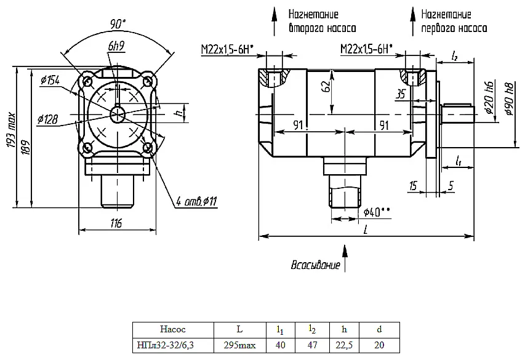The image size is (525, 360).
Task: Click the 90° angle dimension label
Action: coord(118,24)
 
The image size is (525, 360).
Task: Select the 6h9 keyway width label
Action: coord(116,46)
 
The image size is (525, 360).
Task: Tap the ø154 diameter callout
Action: coord(50,81)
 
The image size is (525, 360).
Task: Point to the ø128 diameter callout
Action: coord(47,119)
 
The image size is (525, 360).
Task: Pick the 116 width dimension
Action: coord(116,223)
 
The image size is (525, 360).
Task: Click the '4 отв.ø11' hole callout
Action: coord(197,201)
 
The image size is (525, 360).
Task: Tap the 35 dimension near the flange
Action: coord(401,94)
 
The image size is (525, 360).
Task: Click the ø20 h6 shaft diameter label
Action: coord(489,97)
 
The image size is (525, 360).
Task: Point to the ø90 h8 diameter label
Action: coord(509,98)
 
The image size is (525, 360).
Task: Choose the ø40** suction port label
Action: coord(377,212)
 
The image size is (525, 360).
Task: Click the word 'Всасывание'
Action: coord(315,265)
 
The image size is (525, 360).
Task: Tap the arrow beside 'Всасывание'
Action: coord(345,258)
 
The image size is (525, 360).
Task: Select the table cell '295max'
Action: coord(240,345)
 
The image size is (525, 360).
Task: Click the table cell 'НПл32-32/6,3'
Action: coord(166,345)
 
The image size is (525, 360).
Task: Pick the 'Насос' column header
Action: coord(173,329)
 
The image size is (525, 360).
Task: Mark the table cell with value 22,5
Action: coord(344,345)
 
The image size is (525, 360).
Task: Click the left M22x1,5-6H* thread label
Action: coord(227,50)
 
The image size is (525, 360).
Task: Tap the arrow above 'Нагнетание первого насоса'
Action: coord(413,22)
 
